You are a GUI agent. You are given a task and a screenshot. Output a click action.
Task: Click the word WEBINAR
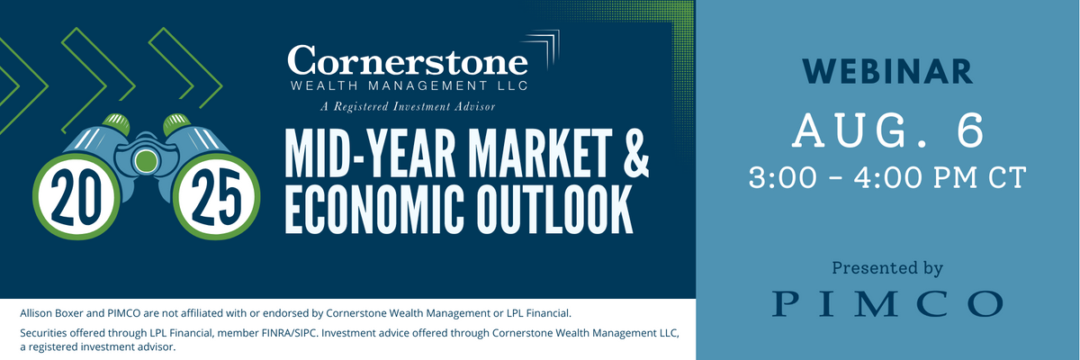887,72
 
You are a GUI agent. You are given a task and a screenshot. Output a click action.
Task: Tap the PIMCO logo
887,303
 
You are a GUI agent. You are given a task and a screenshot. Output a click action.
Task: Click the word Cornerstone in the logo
408,60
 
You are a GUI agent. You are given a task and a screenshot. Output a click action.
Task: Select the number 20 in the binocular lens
76,198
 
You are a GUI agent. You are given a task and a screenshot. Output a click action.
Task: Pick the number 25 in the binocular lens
216,198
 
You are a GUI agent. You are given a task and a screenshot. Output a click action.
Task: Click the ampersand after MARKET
635,153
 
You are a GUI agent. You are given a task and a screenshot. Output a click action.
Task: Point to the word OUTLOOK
554,210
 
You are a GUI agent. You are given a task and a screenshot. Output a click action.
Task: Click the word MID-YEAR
370,153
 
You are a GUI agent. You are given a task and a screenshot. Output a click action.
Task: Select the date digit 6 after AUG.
970,130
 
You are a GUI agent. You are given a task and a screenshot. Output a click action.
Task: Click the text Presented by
887,268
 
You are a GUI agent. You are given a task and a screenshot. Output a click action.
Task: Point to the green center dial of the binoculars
145,161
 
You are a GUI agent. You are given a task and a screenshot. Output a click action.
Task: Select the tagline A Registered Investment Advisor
408,106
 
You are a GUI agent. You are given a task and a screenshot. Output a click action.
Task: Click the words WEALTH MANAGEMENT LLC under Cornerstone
409,85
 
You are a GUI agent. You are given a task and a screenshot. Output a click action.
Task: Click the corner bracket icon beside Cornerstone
544,49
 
